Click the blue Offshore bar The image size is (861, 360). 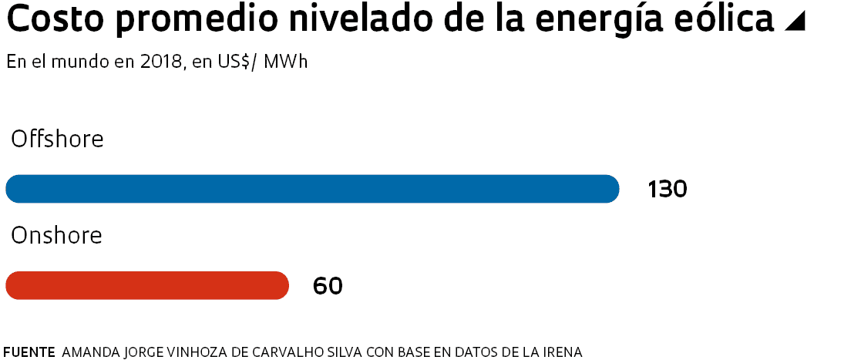click(x=312, y=189)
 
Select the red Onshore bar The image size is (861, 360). click(x=147, y=285)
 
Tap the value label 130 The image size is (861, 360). click(x=667, y=190)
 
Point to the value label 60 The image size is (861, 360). click(x=328, y=286)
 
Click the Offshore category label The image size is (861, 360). click(x=57, y=140)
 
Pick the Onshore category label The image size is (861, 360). click(x=56, y=236)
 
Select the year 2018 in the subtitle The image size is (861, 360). click(x=162, y=62)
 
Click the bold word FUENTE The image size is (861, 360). click(x=29, y=352)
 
